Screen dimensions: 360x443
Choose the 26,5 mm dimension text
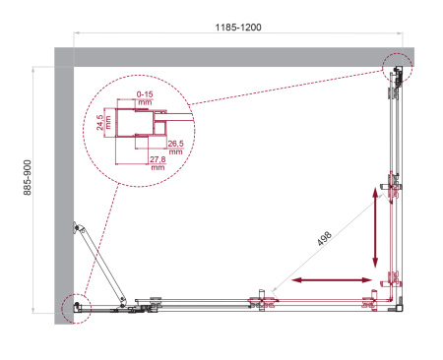[174, 149]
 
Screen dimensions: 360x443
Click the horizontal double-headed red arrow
[327, 282]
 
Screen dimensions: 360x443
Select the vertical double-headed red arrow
[375, 231]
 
